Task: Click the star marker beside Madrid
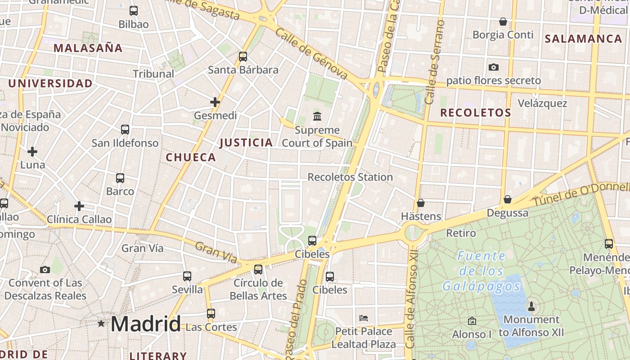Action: click(101, 324)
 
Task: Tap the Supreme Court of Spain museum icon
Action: click(317, 116)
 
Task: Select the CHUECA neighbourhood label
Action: click(191, 157)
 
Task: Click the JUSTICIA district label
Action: click(246, 143)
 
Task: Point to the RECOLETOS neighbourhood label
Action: click(476, 112)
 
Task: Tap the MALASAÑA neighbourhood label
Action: click(88, 48)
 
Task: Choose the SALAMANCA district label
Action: click(583, 39)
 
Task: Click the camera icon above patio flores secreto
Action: click(494, 67)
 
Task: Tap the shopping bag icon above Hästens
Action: click(421, 203)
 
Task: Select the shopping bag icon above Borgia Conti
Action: click(503, 22)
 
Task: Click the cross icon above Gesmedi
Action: click(215, 102)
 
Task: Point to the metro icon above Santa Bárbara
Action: click(243, 57)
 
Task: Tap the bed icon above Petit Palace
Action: click(364, 318)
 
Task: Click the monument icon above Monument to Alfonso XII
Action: click(531, 306)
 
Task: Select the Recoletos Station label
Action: click(350, 177)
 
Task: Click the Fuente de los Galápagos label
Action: click(481, 271)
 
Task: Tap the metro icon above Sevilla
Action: click(187, 276)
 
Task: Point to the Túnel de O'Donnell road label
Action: click(581, 194)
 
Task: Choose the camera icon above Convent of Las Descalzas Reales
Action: click(45, 270)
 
